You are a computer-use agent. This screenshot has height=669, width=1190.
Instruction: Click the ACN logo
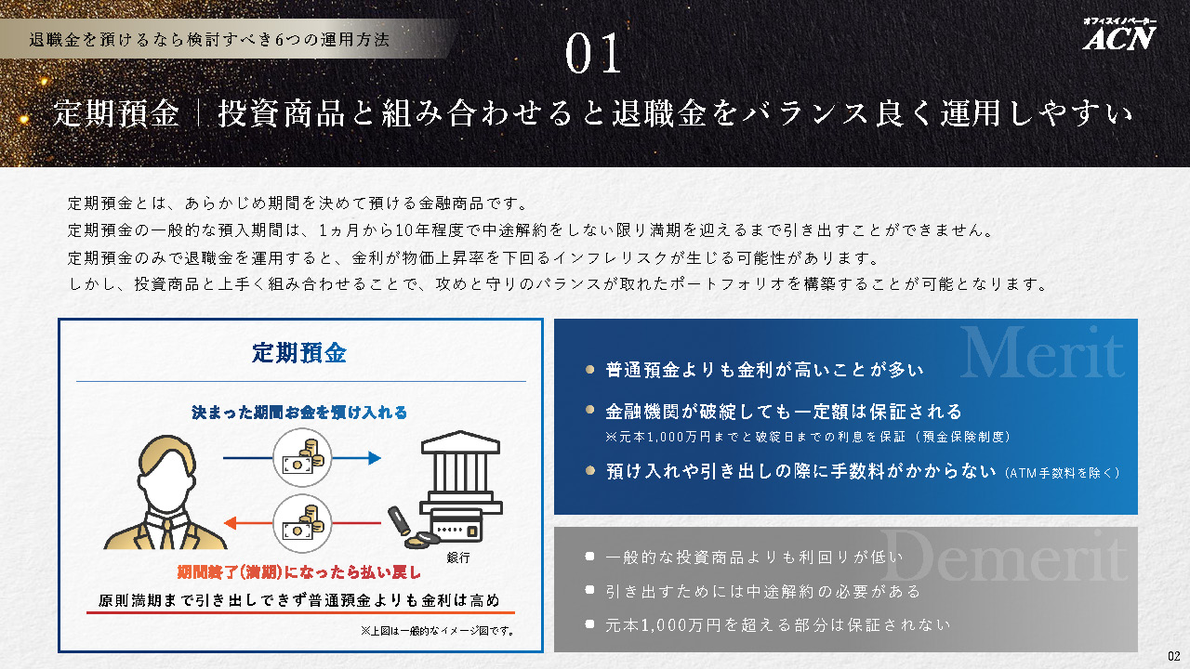pos(1119,35)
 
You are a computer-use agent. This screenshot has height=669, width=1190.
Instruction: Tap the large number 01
pos(593,53)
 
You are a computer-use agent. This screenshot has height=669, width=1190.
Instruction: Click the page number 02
pos(1173,656)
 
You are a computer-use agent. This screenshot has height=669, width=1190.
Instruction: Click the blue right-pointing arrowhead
pos(375,458)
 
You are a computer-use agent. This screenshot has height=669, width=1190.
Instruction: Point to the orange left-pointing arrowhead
pos(231,523)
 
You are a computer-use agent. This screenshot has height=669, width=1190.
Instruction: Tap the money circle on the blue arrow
pos(302,458)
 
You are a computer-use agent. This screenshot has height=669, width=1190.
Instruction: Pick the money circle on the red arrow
pos(302,523)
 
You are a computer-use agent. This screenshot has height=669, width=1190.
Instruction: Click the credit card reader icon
pos(456,525)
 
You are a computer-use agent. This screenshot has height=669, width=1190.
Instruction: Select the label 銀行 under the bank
pos(458,557)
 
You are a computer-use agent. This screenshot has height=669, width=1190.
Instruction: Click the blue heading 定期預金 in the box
pos(299,353)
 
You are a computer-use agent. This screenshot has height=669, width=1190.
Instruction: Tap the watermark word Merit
pos(1042,352)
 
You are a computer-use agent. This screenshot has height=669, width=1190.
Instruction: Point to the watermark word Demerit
pos(1004,556)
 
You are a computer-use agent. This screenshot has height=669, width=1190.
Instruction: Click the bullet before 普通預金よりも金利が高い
pos(589,369)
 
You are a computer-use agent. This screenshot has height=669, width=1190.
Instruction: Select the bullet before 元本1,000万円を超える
pos(589,623)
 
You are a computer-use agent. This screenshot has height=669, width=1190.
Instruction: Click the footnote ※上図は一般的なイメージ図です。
pos(437,631)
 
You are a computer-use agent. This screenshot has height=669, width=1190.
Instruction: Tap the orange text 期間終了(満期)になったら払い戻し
pos(299,571)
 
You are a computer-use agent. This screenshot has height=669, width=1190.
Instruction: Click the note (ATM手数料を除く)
pos(1062,473)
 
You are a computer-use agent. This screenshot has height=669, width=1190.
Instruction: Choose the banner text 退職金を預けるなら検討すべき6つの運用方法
pos(209,39)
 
